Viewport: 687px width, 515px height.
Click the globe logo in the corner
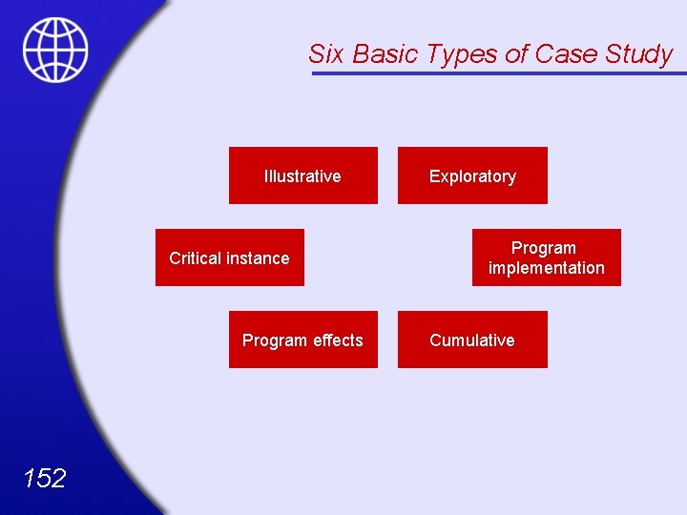click(x=55, y=50)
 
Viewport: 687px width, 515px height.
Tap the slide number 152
click(x=44, y=478)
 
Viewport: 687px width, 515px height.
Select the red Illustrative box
click(x=302, y=175)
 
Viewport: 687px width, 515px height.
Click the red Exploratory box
click(x=472, y=175)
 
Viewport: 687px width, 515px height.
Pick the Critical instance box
click(x=229, y=257)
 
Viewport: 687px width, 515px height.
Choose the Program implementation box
click(x=546, y=257)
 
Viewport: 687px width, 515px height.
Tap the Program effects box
click(x=302, y=340)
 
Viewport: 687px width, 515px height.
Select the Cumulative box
click(x=472, y=340)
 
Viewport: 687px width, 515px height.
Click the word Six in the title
click(x=326, y=54)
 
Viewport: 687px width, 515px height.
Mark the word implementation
click(x=546, y=268)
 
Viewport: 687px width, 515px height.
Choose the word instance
click(x=259, y=258)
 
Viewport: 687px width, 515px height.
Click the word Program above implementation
click(x=543, y=248)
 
